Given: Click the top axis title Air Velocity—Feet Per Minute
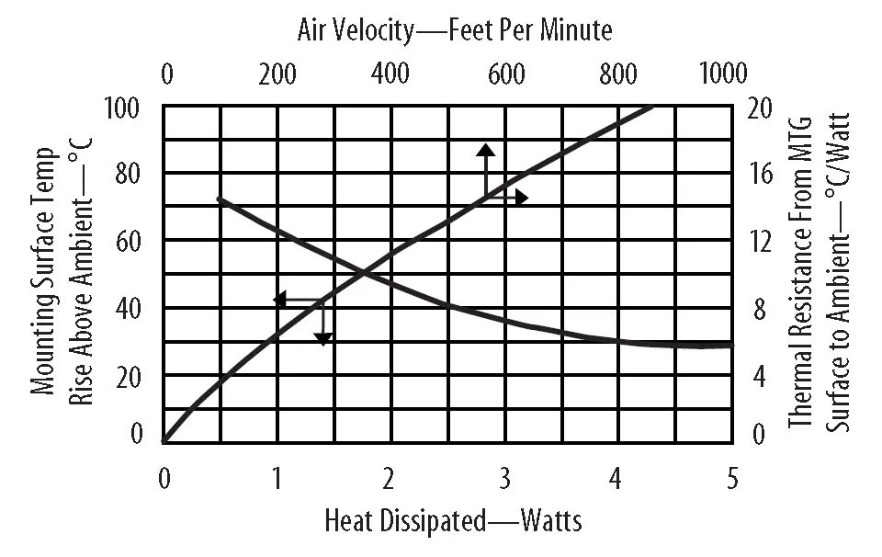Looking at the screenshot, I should click(454, 30).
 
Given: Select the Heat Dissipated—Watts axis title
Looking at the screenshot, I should click(453, 521).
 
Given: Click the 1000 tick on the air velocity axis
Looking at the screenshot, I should click(723, 74).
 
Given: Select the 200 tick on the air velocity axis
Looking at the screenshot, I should click(277, 74).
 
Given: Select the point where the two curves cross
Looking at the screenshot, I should click(365, 272).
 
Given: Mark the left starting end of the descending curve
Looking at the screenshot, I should click(218, 198).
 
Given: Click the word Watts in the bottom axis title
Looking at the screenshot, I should click(550, 521).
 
